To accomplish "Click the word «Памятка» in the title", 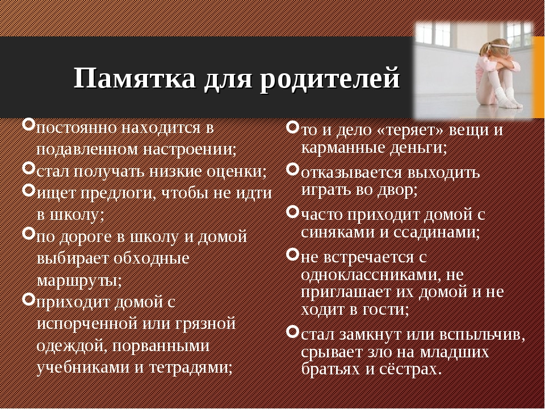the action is pos(135,78).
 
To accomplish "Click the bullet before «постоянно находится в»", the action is pos(28,124).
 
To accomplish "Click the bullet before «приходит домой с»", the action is pos(28,298).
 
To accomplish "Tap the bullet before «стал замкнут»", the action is pos(293,331).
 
